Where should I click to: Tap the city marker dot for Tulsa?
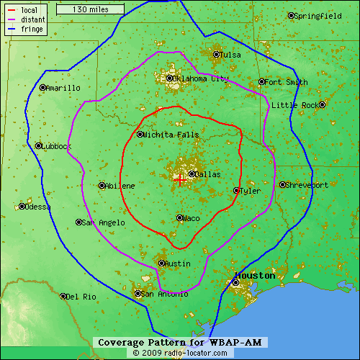(x=216, y=54)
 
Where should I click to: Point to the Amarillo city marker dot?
(x=42, y=88)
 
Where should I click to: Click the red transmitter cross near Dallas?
(x=179, y=179)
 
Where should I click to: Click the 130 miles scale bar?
(x=89, y=9)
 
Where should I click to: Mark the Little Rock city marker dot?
(x=323, y=104)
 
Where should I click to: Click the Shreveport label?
(x=307, y=185)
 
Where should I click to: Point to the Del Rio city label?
(x=82, y=297)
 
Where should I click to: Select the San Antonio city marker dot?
(x=138, y=293)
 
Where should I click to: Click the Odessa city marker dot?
(x=22, y=207)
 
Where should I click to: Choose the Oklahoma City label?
(x=201, y=78)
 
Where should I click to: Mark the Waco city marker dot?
(x=179, y=217)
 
